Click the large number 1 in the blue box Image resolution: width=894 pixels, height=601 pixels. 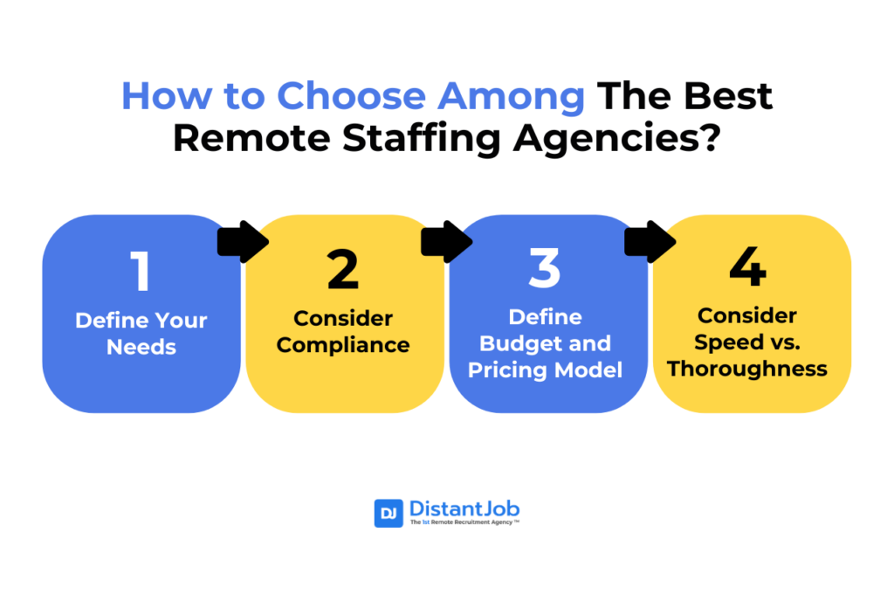tap(141, 271)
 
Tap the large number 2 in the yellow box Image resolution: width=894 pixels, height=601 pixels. tap(343, 269)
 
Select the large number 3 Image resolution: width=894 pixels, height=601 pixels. tap(545, 267)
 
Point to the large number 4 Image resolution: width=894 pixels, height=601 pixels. tap(747, 266)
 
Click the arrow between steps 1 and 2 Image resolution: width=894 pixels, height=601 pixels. tap(243, 242)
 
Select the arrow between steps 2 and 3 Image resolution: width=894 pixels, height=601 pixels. tap(446, 242)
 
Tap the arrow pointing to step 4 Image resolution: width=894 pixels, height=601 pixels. tap(650, 242)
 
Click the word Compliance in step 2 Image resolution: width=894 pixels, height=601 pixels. tap(343, 346)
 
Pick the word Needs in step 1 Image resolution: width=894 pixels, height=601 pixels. tap(141, 347)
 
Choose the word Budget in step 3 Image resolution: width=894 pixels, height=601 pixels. tap(520, 343)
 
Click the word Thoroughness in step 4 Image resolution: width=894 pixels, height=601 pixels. tap(747, 369)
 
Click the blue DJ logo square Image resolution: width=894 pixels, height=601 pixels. tap(389, 513)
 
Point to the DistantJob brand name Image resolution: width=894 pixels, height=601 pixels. tap(464, 508)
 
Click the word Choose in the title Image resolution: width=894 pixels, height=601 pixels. tap(351, 96)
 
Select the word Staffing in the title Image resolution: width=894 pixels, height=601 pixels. tap(422, 139)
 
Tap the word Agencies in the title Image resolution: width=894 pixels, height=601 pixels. tap(617, 139)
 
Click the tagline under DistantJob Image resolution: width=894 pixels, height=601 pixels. tap(464, 522)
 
